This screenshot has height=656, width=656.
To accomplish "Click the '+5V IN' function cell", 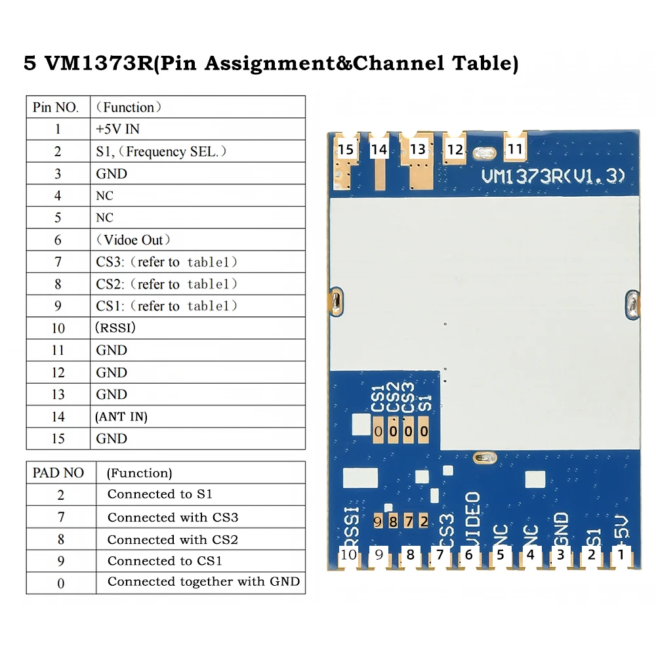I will click(118, 129).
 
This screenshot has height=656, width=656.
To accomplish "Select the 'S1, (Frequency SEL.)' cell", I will click(161, 152).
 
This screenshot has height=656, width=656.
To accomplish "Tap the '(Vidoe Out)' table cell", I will click(134, 240).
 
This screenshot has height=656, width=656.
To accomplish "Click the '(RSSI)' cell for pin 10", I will click(115, 328).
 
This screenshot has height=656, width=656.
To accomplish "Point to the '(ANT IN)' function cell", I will click(121, 417).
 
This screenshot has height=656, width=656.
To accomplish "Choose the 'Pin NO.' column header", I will click(56, 107).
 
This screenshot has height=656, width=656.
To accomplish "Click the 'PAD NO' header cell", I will click(58, 472).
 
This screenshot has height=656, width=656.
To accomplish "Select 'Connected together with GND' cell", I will click(203, 582).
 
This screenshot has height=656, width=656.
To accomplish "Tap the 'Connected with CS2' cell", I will click(173, 539).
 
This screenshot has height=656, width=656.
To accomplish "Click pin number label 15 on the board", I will click(346, 150).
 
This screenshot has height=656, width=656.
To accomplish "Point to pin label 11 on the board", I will click(516, 150).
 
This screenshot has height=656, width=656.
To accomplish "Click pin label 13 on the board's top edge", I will click(418, 150).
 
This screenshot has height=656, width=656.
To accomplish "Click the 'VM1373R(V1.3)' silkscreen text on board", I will click(553, 176).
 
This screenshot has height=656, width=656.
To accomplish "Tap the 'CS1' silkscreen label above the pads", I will click(377, 400).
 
